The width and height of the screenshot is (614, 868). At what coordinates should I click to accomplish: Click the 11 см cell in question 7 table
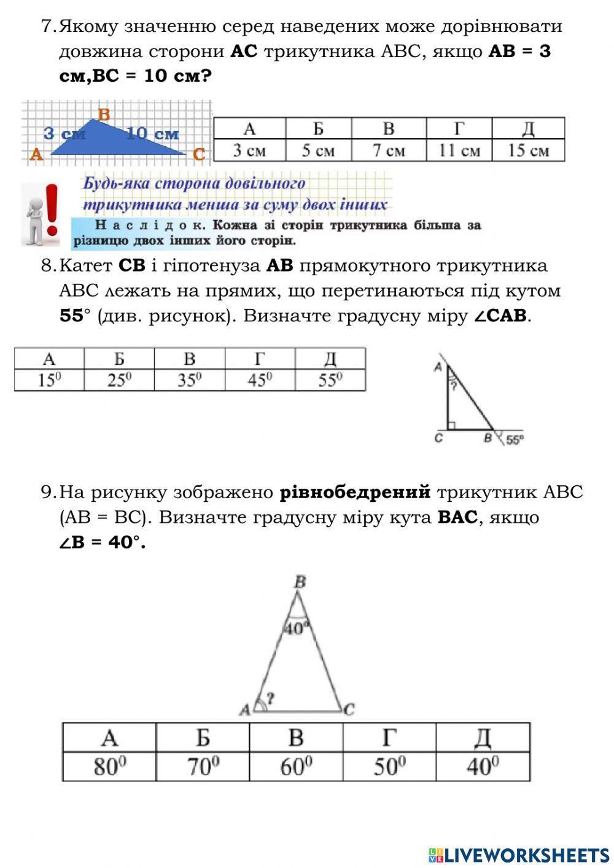(x=459, y=151)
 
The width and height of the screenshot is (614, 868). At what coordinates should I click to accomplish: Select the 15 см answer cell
(x=528, y=151)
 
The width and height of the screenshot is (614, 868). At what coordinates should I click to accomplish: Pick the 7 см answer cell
(x=389, y=151)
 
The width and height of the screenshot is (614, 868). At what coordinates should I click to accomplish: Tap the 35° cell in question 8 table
(x=190, y=381)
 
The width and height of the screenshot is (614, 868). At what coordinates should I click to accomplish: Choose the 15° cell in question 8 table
(x=50, y=381)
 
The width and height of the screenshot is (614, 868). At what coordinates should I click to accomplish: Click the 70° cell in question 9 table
(x=203, y=767)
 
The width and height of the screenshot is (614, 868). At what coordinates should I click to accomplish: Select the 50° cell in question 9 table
(x=389, y=767)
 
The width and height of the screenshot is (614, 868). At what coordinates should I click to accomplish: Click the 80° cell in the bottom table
(x=109, y=767)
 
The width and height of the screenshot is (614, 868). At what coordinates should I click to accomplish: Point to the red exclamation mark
(x=52, y=209)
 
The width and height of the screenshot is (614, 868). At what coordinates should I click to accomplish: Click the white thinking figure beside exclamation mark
(x=33, y=217)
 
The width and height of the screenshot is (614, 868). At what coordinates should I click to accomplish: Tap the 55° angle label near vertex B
(x=515, y=440)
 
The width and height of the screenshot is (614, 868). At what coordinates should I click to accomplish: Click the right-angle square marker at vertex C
(x=452, y=425)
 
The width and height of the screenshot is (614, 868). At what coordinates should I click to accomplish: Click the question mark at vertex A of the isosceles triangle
(x=270, y=698)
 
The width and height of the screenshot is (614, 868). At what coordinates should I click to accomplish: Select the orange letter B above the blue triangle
(x=104, y=114)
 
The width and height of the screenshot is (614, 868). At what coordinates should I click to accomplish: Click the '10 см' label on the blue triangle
(x=152, y=133)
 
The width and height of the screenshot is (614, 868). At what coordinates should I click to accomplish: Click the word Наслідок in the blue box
(x=150, y=225)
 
